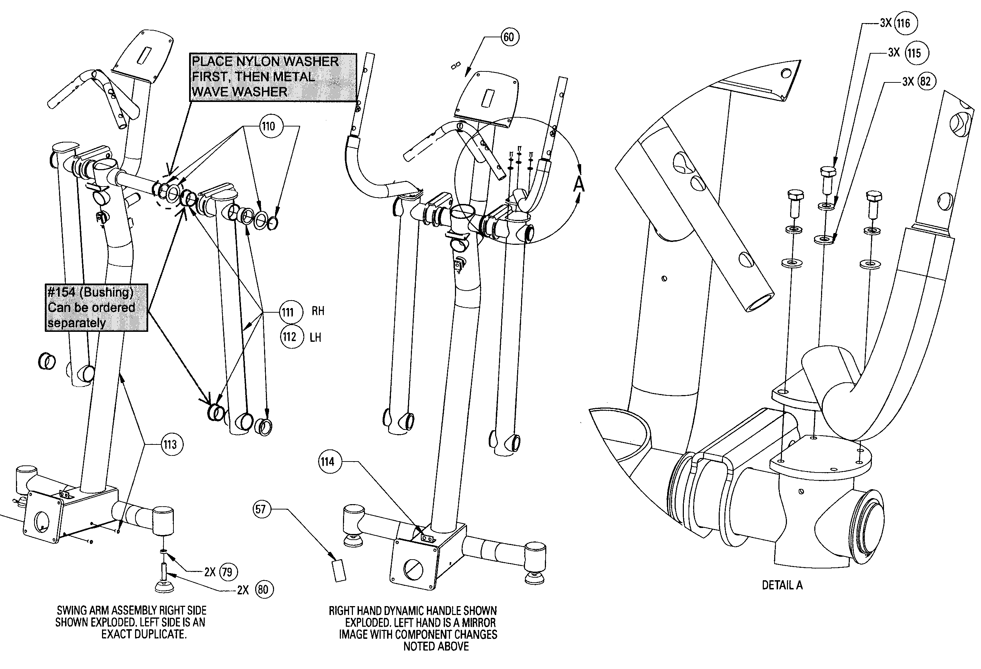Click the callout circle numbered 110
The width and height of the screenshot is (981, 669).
268,126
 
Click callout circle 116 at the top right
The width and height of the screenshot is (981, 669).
905,23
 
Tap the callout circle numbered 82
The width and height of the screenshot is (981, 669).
926,81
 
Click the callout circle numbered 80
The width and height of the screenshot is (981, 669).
264,589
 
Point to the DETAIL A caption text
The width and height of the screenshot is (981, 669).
782,585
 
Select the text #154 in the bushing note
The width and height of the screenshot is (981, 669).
61,292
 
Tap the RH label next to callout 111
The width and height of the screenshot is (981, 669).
318,311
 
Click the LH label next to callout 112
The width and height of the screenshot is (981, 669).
315,338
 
